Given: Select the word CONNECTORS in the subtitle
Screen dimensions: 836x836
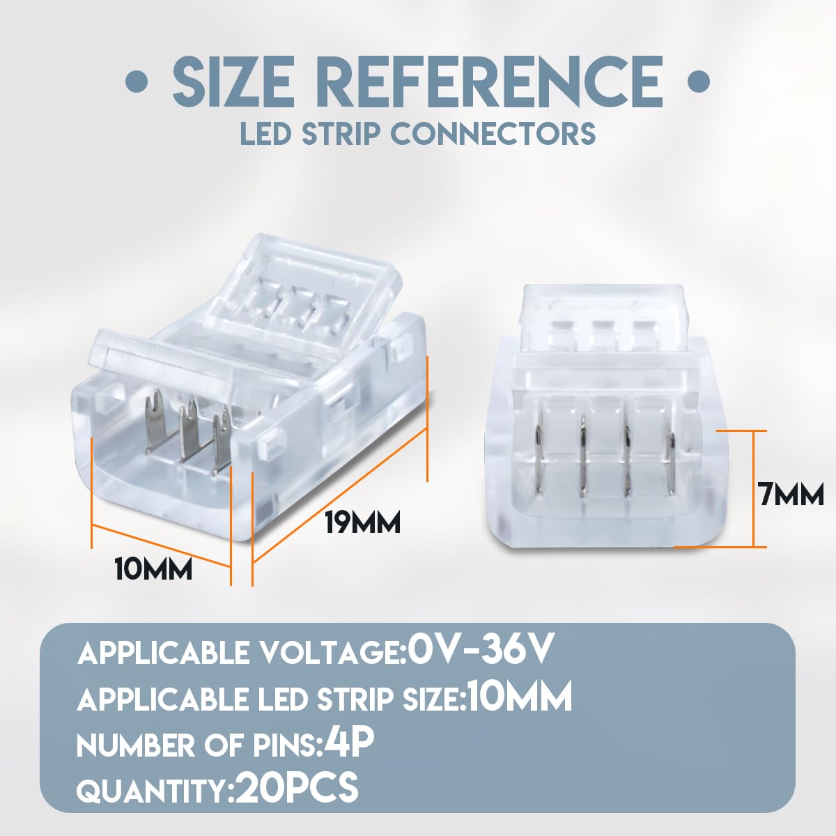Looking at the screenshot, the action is pos(495,133).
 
